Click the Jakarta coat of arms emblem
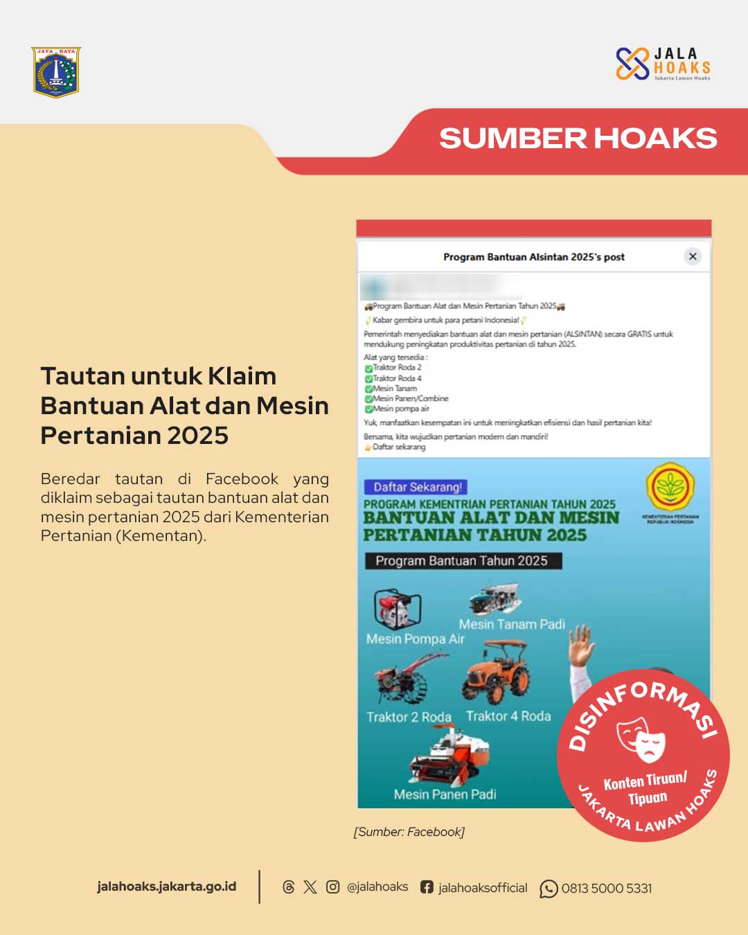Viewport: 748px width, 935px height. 56,72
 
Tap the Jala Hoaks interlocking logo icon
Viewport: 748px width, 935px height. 632,64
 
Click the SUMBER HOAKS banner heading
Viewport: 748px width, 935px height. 578,139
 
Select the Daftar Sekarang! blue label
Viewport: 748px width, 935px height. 417,487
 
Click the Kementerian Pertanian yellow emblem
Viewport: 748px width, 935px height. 670,487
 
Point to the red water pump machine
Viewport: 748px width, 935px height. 397,609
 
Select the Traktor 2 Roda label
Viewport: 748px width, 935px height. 409,717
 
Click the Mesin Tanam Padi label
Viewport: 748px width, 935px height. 512,624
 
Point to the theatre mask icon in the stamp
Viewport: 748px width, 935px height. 641,738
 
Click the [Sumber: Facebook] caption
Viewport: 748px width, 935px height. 409,832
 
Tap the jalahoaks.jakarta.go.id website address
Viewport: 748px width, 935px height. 166,887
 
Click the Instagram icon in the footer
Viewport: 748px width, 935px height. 332,887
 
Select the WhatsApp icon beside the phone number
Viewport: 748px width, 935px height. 549,889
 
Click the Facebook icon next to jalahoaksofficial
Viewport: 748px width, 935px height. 427,887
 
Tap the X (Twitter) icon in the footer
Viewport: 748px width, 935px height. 310,887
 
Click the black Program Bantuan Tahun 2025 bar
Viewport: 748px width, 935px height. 463,561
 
